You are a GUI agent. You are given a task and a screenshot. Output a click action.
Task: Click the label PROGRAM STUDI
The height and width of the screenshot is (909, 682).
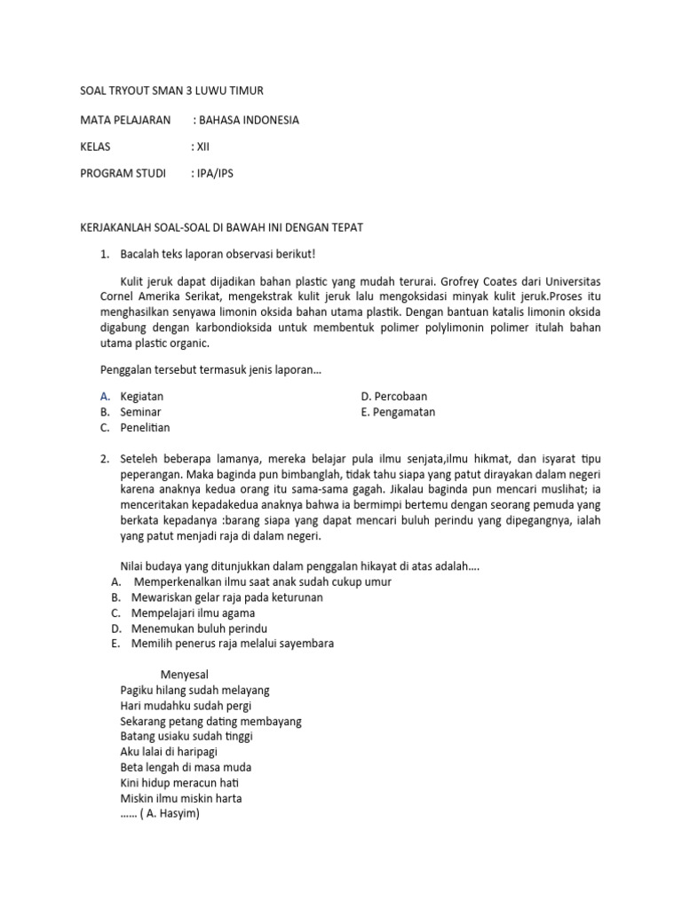pyautogui.click(x=123, y=173)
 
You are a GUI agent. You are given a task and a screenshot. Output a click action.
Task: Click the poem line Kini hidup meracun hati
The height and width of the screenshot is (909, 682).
pyautogui.click(x=179, y=783)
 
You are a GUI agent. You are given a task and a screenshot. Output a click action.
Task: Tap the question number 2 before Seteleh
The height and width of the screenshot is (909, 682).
pyautogui.click(x=104, y=459)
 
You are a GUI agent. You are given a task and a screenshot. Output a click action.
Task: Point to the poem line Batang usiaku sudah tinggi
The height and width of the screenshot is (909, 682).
pyautogui.click(x=186, y=736)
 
